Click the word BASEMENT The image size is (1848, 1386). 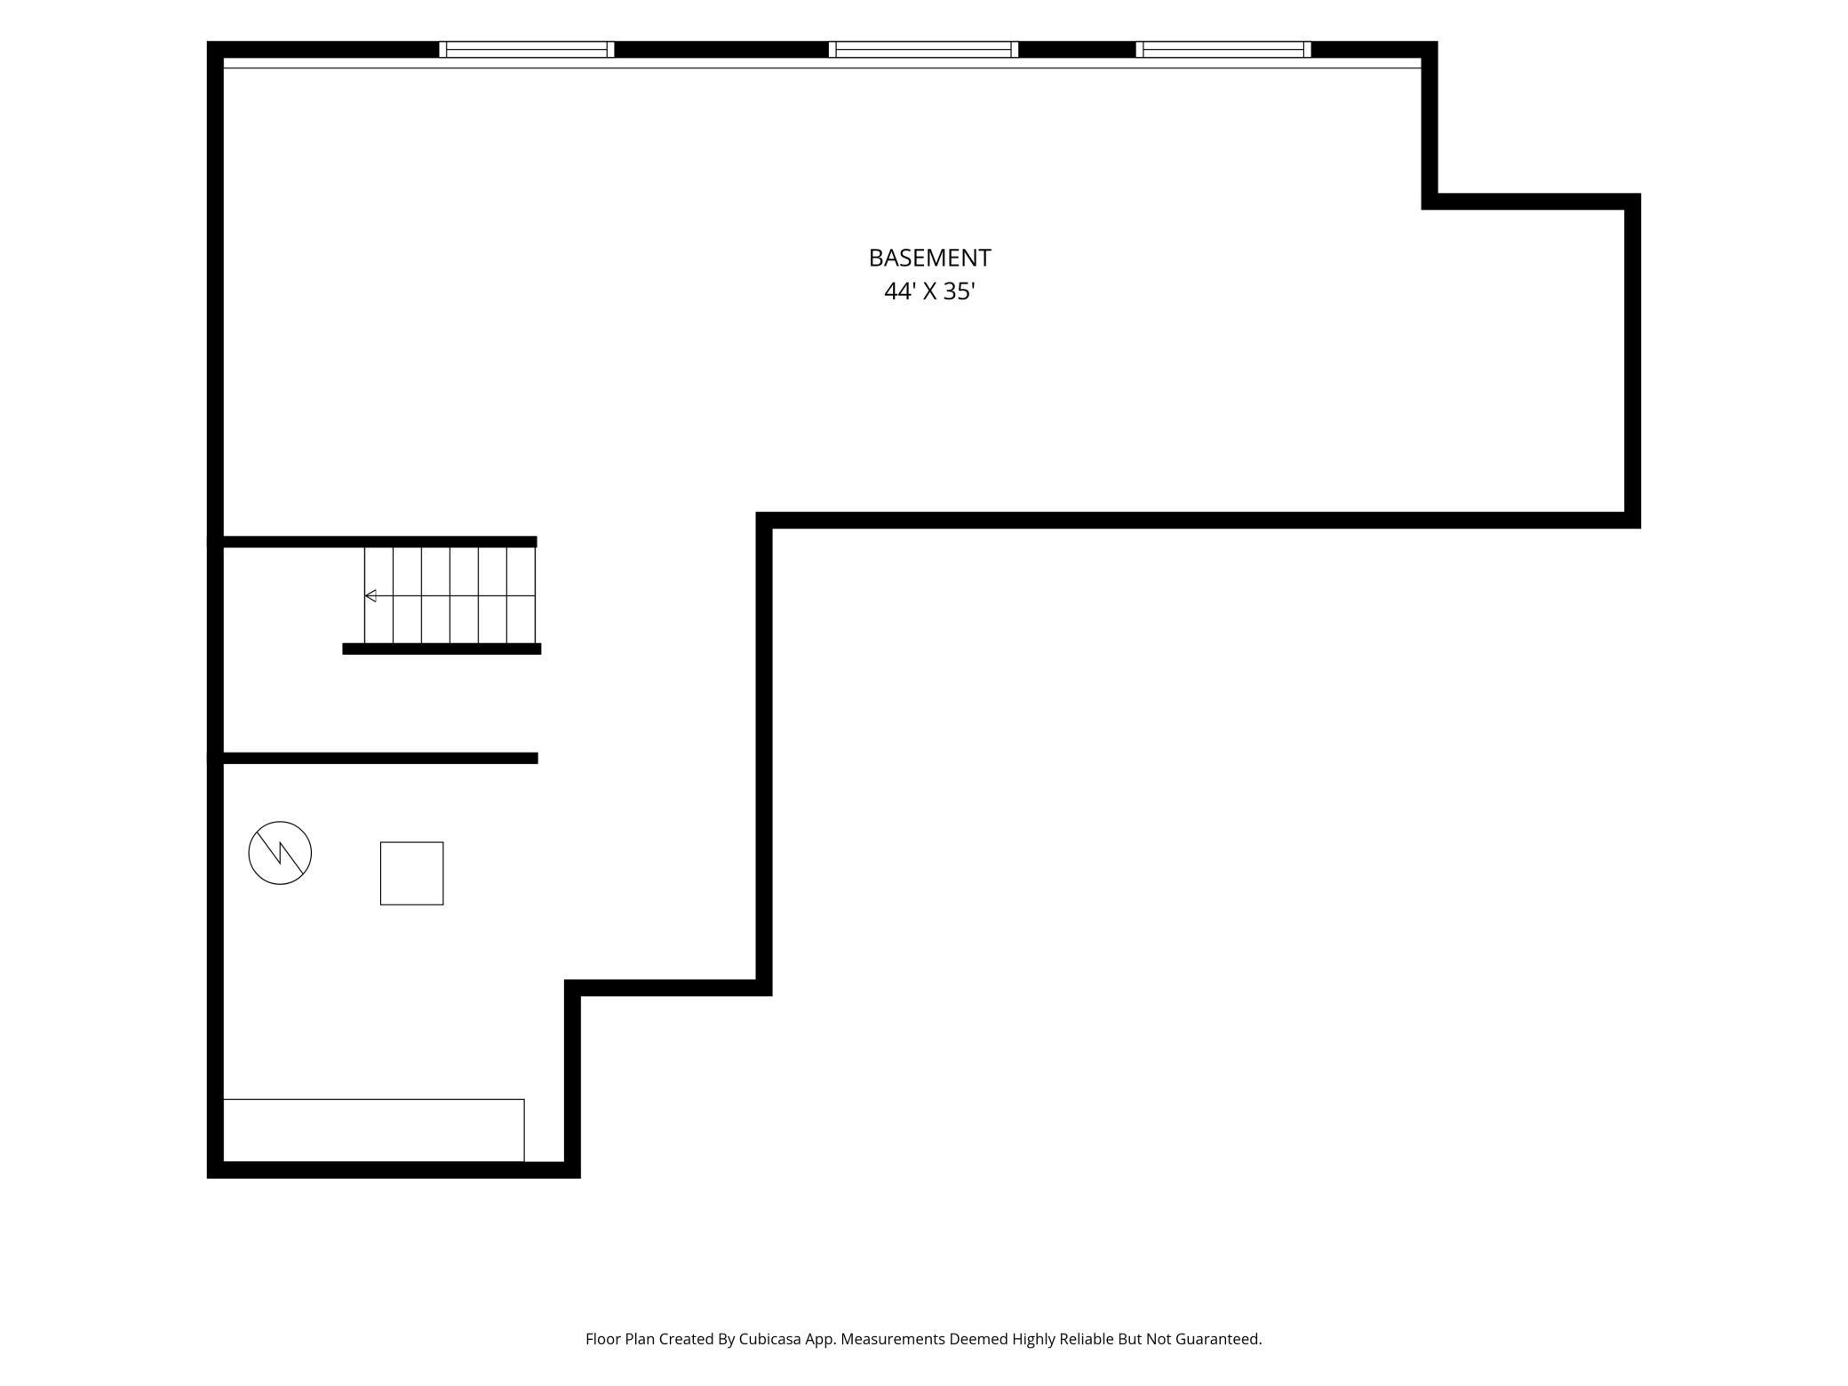tap(929, 258)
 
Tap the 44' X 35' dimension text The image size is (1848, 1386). tap(929, 291)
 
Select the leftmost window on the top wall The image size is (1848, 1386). tap(527, 50)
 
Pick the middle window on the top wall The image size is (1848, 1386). tap(923, 50)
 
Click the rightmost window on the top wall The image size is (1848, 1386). tap(1223, 50)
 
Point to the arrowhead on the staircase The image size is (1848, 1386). tap(370, 595)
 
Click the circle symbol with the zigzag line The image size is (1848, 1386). tap(280, 853)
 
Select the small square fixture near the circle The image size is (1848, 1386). tap(411, 873)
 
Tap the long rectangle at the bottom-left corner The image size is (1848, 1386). tap(373, 1130)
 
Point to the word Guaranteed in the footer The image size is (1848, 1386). tap(1218, 1339)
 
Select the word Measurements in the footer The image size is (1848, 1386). tap(893, 1339)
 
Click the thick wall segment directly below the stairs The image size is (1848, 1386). tap(442, 649)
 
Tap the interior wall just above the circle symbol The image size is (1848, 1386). tap(380, 758)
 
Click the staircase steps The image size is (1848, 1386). tap(450, 595)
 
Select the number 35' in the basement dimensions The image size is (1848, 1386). tap(960, 291)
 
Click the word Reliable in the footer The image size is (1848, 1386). tap(1087, 1339)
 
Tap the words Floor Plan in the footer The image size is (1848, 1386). tap(620, 1339)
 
